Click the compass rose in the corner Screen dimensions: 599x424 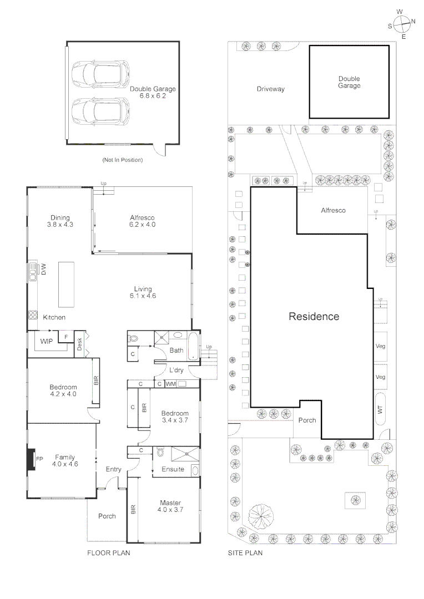[402, 24]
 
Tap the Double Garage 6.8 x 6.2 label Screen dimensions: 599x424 [153, 92]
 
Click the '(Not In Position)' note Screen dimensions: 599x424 [122, 160]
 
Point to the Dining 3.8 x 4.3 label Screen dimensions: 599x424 [60, 221]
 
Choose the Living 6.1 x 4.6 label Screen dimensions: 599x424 [142, 292]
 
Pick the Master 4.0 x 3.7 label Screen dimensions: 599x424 [169, 505]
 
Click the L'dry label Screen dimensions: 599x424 [176, 369]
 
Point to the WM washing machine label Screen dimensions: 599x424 [171, 384]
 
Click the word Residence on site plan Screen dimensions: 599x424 [314, 317]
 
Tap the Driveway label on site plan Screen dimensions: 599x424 [270, 89]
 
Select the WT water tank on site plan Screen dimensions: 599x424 [380, 409]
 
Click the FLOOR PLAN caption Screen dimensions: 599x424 [109, 553]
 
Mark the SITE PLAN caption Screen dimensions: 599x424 [245, 553]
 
